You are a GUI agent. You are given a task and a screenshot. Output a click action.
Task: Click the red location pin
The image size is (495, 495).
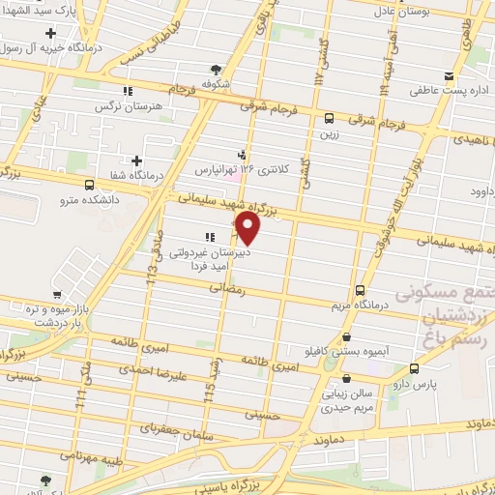click(248, 228)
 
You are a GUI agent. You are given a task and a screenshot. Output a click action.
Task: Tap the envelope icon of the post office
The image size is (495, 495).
click(448, 75)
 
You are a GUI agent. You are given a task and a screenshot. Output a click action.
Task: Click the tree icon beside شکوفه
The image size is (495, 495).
click(216, 69)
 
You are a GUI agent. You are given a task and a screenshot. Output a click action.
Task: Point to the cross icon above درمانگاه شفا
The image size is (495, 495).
click(137, 160)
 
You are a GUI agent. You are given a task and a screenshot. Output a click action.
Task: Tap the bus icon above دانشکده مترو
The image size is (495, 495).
click(89, 185)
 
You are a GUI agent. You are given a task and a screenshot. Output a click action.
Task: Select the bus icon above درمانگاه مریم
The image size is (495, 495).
click(361, 291)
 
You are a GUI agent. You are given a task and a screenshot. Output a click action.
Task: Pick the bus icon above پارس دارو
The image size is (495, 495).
click(415, 368)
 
